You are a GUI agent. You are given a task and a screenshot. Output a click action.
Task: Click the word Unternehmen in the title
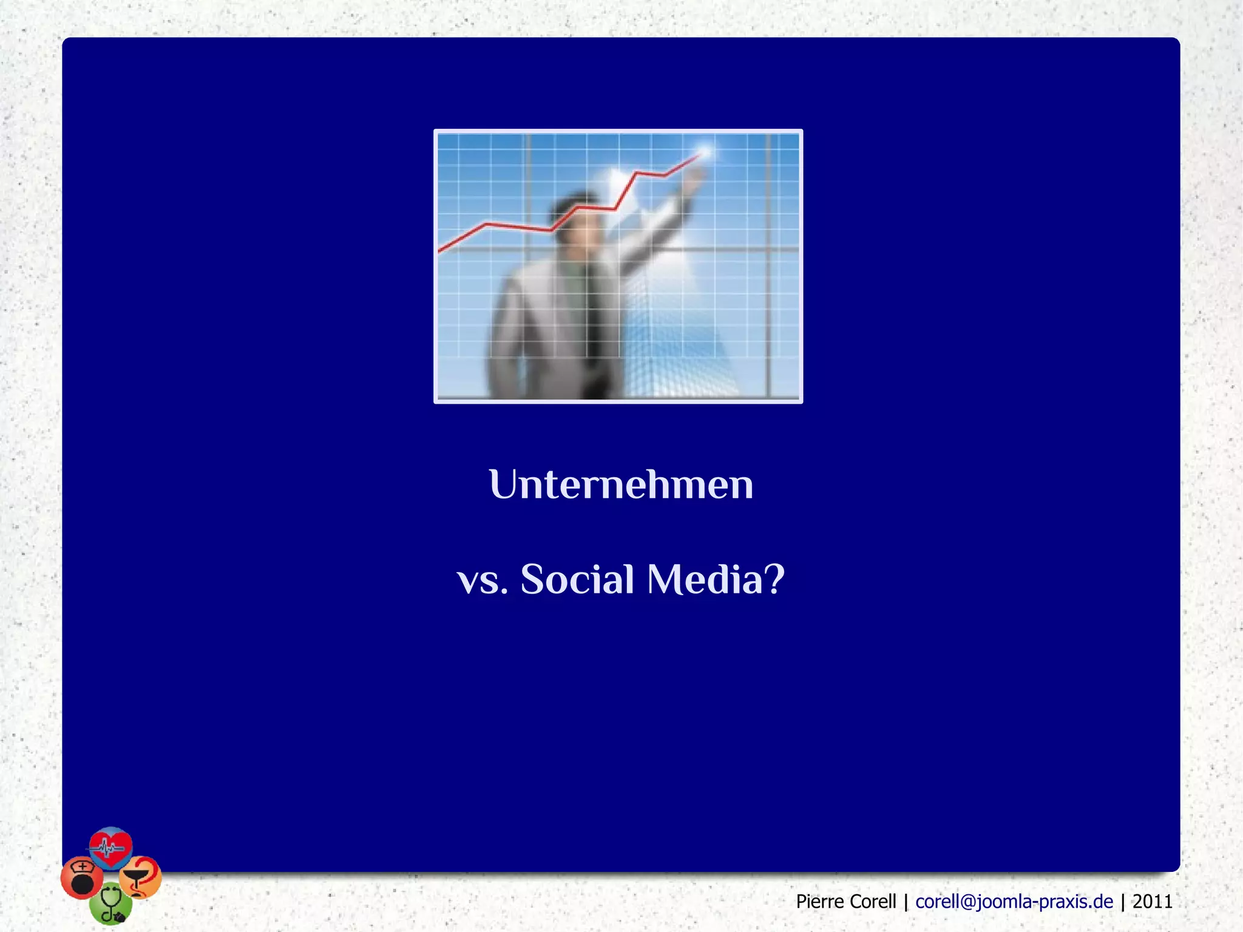click(621, 485)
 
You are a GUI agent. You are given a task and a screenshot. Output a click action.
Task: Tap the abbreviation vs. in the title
click(482, 580)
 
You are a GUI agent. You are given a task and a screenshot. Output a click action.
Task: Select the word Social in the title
click(577, 579)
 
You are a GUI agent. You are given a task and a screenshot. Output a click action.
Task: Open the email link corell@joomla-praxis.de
click(1014, 902)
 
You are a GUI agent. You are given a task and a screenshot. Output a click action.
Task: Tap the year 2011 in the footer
click(1152, 902)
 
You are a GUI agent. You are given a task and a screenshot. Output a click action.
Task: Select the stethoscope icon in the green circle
click(111, 904)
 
